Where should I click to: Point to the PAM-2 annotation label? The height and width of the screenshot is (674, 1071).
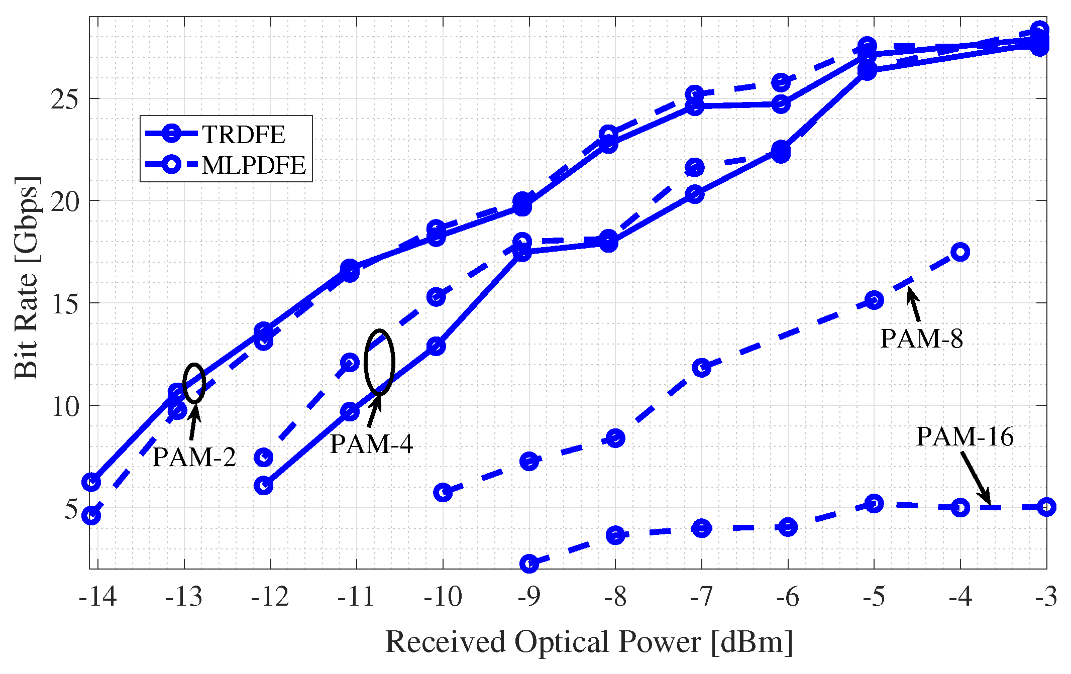click(194, 457)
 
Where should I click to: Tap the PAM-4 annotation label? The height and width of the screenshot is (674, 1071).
click(371, 444)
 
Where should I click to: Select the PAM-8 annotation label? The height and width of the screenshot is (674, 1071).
click(922, 339)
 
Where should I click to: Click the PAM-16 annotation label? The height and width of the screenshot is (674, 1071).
click(965, 436)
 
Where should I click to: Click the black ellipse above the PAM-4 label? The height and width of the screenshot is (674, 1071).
click(379, 362)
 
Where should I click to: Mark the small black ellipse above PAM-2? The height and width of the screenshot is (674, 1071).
click(194, 383)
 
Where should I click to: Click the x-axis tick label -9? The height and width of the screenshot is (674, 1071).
click(529, 598)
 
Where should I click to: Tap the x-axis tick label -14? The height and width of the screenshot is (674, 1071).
click(98, 598)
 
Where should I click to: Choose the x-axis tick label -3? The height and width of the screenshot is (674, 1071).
click(1046, 598)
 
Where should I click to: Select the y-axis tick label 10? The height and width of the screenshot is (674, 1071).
click(65, 406)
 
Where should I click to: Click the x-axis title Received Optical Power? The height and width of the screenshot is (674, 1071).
click(589, 642)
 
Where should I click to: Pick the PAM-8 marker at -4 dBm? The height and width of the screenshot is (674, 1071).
click(960, 252)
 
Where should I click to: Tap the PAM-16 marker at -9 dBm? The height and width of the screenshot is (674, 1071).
click(529, 564)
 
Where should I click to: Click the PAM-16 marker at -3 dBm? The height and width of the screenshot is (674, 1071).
click(1046, 507)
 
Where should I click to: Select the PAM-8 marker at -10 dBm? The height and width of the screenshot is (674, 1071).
click(443, 492)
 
